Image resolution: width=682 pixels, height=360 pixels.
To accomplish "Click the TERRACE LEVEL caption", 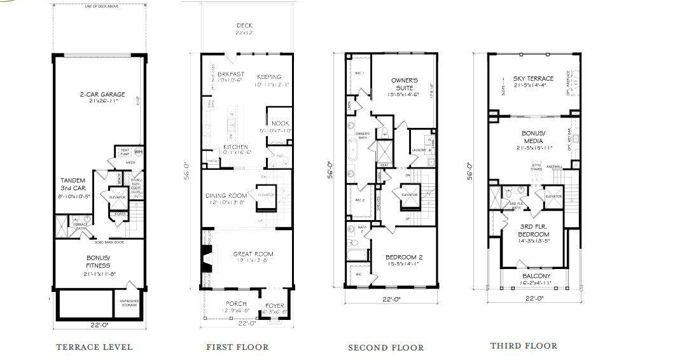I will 94,347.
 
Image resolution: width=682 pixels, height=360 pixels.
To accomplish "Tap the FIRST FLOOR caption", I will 237,347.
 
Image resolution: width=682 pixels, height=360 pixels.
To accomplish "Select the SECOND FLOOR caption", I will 386,347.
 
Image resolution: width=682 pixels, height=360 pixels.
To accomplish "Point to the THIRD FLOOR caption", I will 524,345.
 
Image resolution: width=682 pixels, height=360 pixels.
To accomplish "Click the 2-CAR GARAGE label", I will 102,95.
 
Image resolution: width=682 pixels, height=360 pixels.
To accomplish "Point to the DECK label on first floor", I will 244,26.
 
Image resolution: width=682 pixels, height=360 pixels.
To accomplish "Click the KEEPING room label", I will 269,77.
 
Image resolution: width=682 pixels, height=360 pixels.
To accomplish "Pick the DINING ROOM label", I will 225,196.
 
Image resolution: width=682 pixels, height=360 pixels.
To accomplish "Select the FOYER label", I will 275,305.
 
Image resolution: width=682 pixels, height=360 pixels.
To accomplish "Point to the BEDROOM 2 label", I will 404,258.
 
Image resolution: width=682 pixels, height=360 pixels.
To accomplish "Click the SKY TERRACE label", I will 533,79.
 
